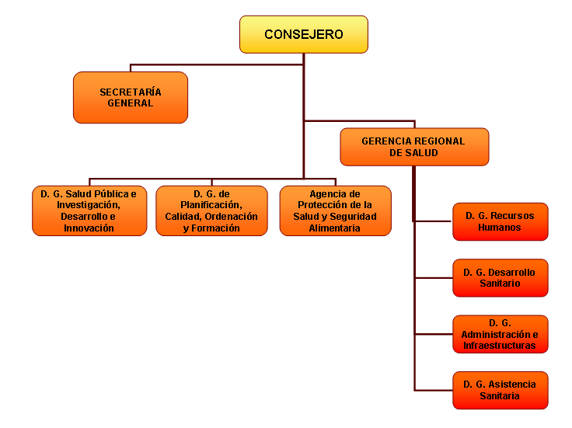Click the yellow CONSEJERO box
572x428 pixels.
(x=303, y=34)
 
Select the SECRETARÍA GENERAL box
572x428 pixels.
(x=131, y=97)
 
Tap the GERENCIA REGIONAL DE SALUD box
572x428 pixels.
(x=414, y=147)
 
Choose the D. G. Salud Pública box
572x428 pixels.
(x=89, y=211)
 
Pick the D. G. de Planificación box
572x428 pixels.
(x=211, y=211)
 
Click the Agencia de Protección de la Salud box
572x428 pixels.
(x=335, y=211)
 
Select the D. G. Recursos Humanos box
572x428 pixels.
(x=500, y=221)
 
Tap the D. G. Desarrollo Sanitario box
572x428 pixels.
(x=500, y=278)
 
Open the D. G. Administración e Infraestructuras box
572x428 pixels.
(x=500, y=334)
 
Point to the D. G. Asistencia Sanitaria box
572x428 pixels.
(x=500, y=390)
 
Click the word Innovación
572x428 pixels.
(x=89, y=228)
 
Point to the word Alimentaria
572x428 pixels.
(x=335, y=228)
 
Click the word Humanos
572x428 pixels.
(x=500, y=228)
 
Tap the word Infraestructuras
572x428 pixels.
(x=500, y=346)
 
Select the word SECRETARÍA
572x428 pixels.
(x=131, y=92)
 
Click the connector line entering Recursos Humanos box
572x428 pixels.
(x=434, y=221)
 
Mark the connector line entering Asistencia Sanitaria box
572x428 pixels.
(x=434, y=389)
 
